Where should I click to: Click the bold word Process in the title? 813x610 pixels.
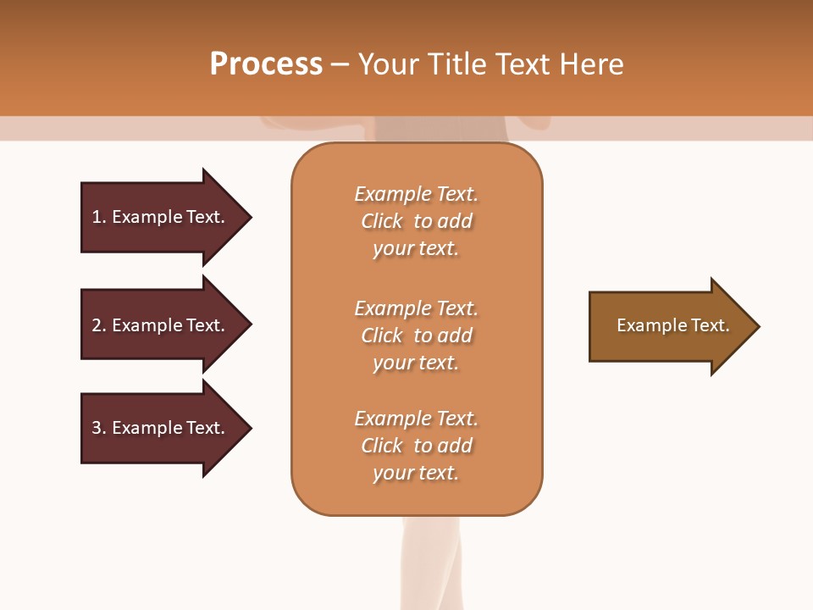266,64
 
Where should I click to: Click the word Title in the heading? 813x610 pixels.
456,64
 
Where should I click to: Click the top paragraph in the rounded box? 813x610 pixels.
416,221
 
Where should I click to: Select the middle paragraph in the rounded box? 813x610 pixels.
416,335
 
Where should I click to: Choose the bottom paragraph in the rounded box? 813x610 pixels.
416,446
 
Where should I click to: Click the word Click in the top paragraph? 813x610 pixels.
381,221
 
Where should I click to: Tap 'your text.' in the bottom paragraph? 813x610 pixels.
416,473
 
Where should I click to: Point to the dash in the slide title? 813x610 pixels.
340,65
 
